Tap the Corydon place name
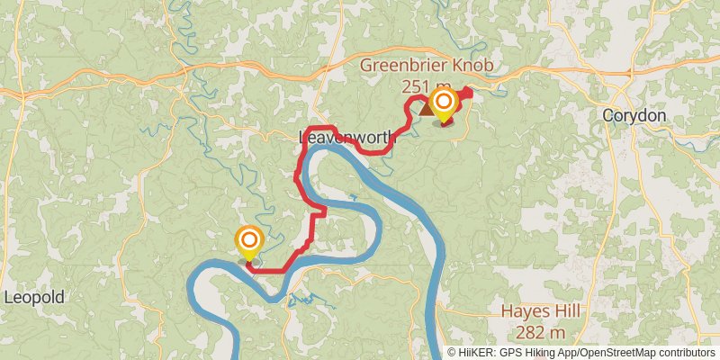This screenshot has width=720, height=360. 634,116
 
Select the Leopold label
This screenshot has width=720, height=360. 34,297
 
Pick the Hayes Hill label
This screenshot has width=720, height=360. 539,311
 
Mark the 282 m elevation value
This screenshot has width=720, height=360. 541,334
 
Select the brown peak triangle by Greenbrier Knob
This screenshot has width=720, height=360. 423,108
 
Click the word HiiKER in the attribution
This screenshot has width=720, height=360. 478,353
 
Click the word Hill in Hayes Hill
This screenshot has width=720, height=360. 563,311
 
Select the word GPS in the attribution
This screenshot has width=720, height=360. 514,353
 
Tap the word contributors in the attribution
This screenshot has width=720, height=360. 688,353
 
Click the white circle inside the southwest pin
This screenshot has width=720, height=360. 248,240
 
